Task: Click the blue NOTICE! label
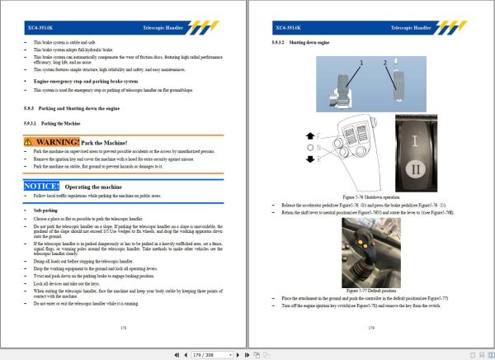coord(42,187)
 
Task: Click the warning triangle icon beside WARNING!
coord(29,142)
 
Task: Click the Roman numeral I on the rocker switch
coord(415,142)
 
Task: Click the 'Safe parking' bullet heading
coord(46,210)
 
